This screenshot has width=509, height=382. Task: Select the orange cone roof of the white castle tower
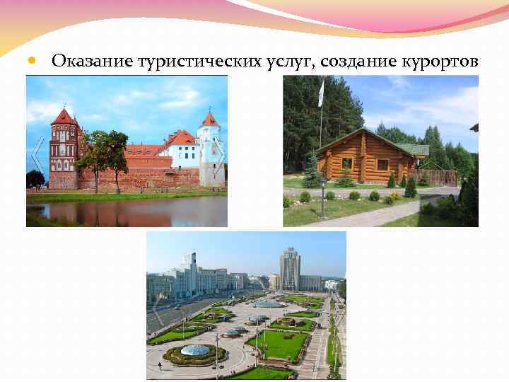point(209,119)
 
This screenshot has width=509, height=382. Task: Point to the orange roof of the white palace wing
point(182,137)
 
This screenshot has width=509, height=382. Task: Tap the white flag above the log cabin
point(322,92)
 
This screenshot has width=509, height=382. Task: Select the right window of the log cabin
point(382,165)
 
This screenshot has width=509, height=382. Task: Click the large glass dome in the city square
point(194,350)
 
